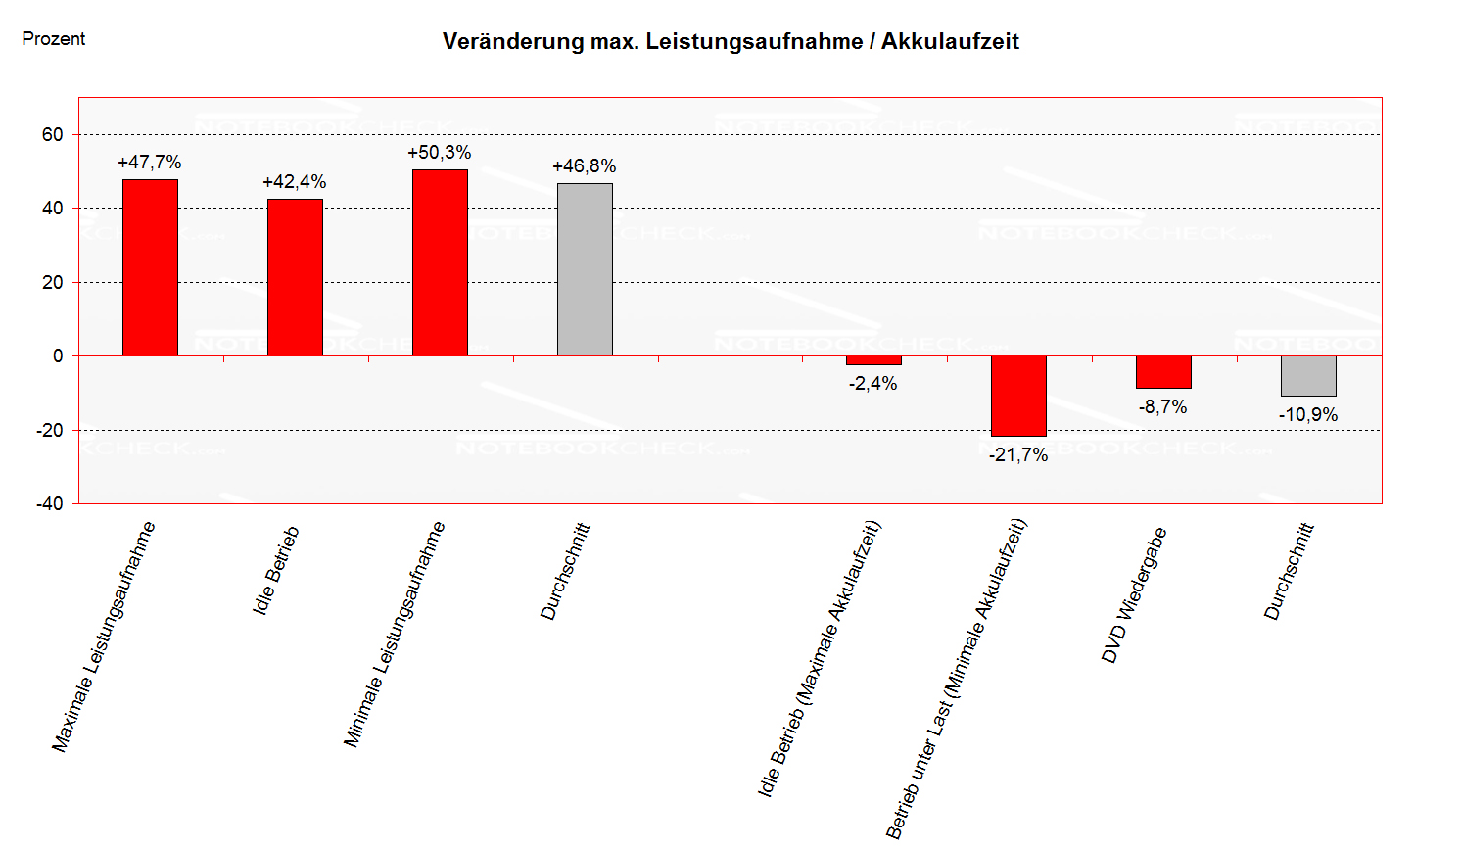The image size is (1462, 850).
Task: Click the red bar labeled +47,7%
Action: click(x=150, y=267)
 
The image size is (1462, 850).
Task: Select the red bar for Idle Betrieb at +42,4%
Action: click(x=295, y=277)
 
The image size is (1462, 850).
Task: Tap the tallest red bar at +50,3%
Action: click(x=440, y=262)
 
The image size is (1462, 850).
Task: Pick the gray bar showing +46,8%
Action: click(x=585, y=269)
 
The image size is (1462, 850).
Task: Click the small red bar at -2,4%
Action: click(x=873, y=360)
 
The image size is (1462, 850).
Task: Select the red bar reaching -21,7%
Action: click(x=1018, y=396)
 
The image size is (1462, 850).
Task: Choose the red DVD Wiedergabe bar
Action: click(x=1163, y=372)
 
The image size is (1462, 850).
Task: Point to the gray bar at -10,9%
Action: click(x=1308, y=376)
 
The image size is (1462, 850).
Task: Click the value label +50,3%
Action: click(x=440, y=153)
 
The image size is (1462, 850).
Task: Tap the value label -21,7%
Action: click(x=1018, y=455)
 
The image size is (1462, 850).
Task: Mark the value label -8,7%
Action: click(x=1163, y=407)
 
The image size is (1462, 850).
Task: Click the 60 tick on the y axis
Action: click(x=53, y=135)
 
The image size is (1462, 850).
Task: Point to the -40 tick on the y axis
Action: click(x=50, y=504)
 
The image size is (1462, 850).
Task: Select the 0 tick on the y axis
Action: click(x=58, y=356)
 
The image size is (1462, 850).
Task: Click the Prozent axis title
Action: click(x=54, y=39)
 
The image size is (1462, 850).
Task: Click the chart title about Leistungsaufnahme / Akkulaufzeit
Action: click(x=731, y=42)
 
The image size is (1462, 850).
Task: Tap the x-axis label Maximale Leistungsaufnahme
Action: click(x=104, y=637)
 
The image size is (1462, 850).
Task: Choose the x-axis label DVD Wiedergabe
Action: click(x=1134, y=595)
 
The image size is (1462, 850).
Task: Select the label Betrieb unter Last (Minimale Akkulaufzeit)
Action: click(x=956, y=679)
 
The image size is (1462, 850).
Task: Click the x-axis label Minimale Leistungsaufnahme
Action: click(x=395, y=635)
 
